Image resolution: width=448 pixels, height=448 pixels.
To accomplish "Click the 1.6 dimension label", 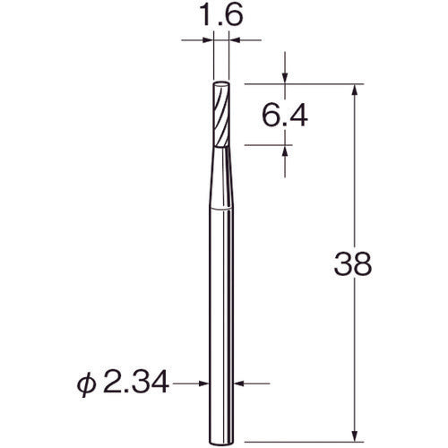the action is click(x=220, y=15).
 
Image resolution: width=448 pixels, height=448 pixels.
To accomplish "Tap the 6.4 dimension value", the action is click(x=285, y=116).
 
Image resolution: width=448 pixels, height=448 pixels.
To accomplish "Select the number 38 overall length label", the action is click(x=353, y=263).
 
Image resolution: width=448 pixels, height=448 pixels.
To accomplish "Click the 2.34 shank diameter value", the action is click(x=136, y=383).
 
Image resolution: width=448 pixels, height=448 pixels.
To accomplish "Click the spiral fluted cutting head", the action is click(x=221, y=114).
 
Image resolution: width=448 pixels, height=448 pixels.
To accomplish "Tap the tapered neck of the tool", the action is click(x=221, y=177).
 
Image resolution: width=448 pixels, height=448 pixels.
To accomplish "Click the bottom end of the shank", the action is click(x=221, y=442).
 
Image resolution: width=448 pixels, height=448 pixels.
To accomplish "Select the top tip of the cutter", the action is click(x=221, y=82).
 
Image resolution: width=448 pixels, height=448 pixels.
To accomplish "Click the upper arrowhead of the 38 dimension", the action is click(x=355, y=89).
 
